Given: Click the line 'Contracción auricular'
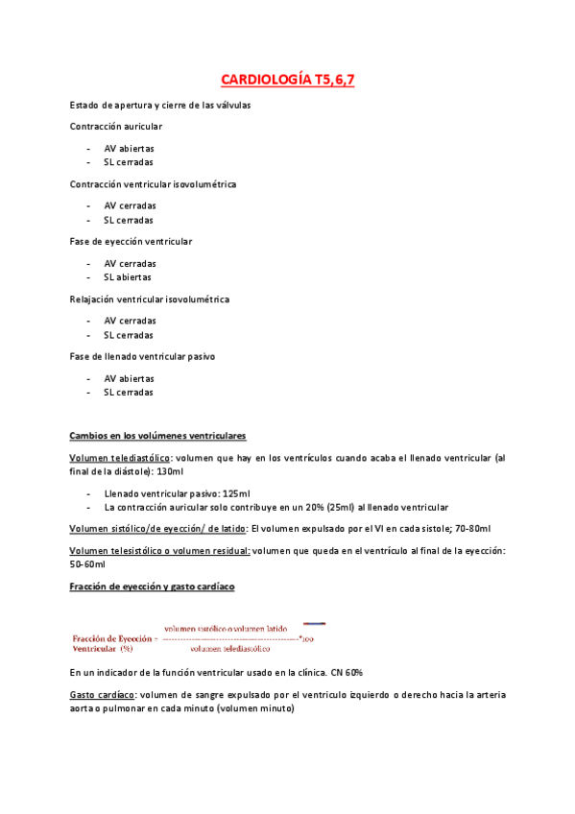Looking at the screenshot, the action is pos(116,126).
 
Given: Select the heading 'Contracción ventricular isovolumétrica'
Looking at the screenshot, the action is pos(153,183).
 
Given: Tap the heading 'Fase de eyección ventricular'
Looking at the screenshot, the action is pos(131,241).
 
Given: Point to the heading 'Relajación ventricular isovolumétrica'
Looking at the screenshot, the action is pos(150,299).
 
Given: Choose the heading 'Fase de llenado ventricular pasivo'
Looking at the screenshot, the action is pos(142,356).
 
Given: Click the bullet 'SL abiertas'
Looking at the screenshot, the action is pos(129,276).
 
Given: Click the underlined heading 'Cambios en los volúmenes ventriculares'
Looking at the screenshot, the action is pos(157,435).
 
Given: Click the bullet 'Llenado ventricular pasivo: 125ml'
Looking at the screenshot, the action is pos(178,493).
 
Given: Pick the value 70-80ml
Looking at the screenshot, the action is pos(471,529).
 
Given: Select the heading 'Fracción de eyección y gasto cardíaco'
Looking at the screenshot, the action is pos(153,586).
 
